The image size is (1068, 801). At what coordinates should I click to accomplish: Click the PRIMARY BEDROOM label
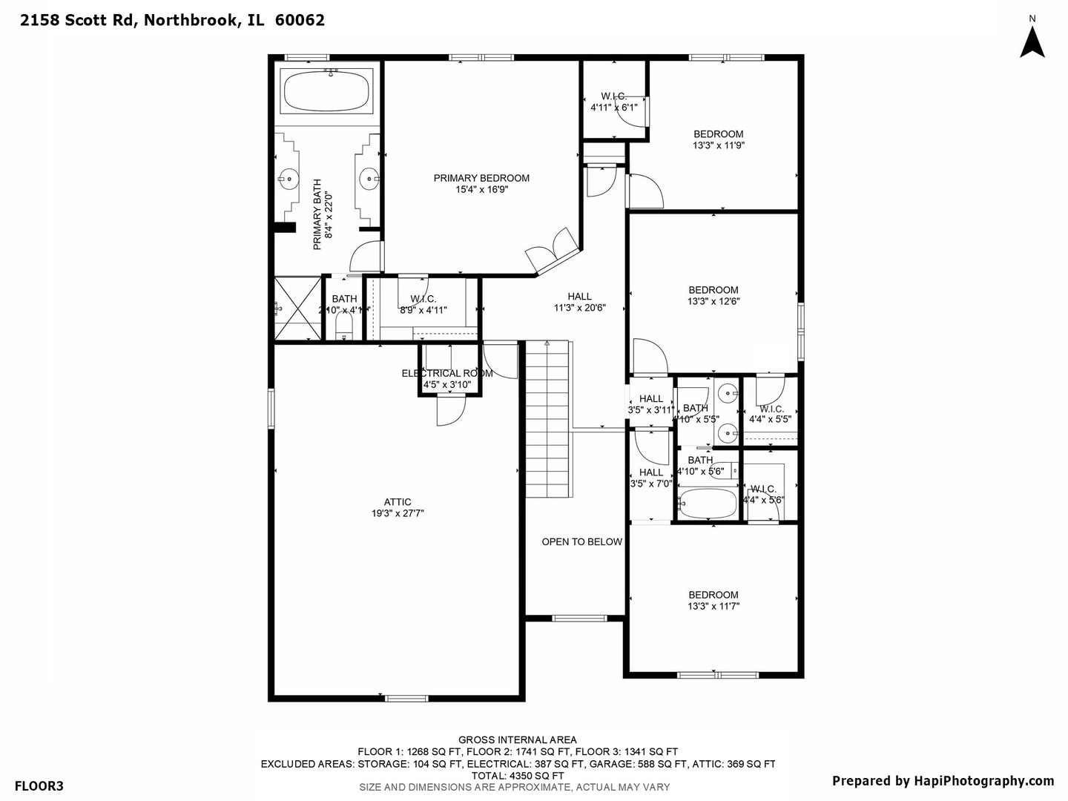coord(481,178)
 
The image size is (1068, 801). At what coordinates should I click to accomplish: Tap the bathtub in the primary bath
coord(327,91)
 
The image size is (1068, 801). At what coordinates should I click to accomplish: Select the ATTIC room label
coord(398,502)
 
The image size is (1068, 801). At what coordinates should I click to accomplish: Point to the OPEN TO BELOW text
coord(581,542)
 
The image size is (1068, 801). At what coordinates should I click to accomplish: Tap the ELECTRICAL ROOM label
coord(447,373)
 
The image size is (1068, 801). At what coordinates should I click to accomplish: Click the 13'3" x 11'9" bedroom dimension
coord(718,146)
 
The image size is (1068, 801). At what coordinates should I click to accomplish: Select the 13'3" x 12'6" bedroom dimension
coord(713,302)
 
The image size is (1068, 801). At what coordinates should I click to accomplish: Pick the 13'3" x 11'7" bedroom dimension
coord(713,607)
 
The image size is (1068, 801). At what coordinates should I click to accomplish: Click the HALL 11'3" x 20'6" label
coord(579,302)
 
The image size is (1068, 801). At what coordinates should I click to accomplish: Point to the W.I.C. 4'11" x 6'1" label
coord(613,102)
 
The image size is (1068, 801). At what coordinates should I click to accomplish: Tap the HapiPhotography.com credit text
coord(942,781)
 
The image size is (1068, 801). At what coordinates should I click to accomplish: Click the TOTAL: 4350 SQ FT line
coord(518,776)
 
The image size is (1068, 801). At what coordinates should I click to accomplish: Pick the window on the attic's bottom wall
coord(406,698)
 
